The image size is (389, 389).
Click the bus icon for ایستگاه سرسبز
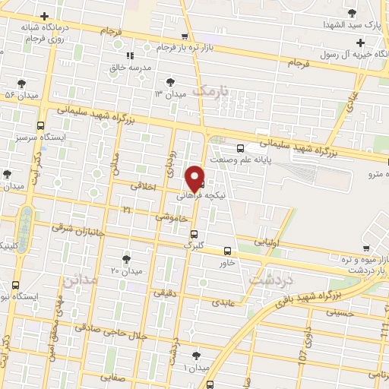[40, 126]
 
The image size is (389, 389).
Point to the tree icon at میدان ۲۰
[126, 258]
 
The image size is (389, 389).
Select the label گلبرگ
[194, 245]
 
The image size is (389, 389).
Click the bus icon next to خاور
[228, 251]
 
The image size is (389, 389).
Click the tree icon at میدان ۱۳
[170, 81]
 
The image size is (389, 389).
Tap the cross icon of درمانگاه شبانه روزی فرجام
[45, 16]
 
